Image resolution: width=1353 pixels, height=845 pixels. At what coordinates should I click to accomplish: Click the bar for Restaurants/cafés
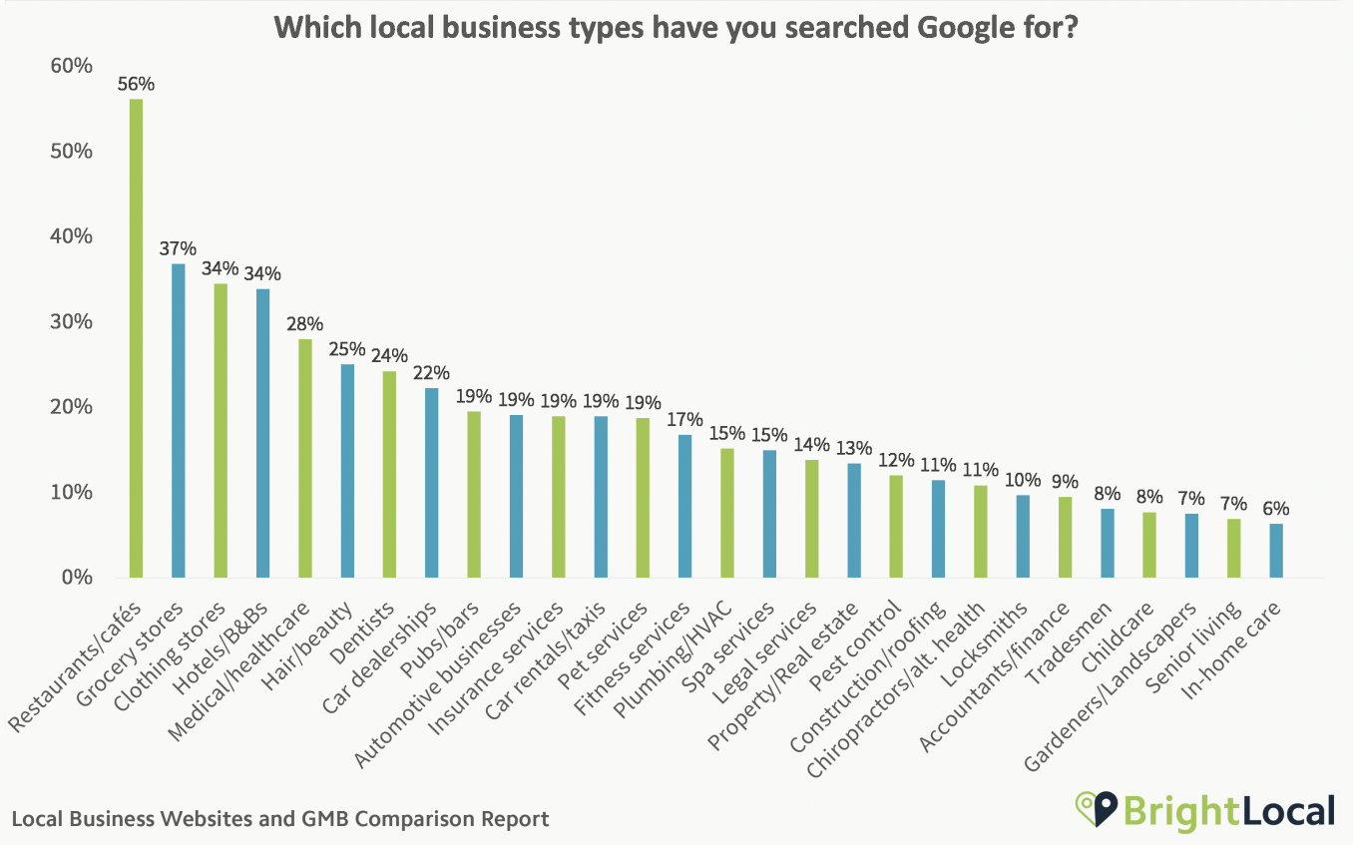point(136,338)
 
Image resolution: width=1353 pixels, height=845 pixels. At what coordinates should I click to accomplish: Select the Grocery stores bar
point(178,420)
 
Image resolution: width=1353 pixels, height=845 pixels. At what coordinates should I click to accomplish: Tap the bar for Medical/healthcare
point(304,458)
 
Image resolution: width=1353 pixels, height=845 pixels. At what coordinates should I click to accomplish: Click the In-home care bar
point(1276,551)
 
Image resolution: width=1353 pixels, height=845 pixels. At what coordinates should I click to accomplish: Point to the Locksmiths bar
point(1023,536)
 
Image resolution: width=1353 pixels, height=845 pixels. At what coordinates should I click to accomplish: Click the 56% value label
point(136,84)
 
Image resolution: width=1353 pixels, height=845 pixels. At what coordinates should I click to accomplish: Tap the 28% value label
point(304,324)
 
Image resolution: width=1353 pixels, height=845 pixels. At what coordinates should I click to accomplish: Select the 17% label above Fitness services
point(684,419)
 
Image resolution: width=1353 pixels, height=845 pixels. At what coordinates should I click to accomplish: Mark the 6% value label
point(1276,508)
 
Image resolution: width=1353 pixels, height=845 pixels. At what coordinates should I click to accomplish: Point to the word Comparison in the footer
point(412,819)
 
